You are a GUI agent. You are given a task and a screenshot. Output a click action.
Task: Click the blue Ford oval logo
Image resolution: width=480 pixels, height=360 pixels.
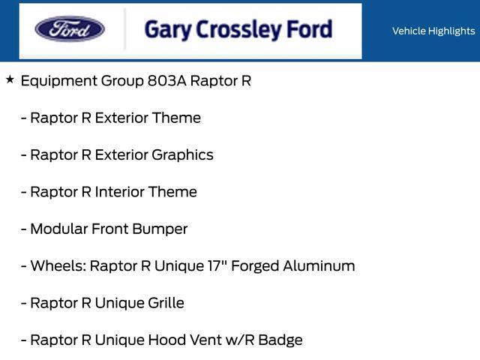(70, 30)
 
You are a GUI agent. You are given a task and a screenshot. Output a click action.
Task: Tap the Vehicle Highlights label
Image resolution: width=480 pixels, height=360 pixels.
(433, 31)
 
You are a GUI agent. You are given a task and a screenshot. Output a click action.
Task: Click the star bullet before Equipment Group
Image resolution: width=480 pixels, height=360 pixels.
(10, 79)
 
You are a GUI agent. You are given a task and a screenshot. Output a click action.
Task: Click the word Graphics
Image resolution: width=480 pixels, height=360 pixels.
(182, 155)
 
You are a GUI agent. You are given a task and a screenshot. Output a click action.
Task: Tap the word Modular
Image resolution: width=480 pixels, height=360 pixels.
(58, 229)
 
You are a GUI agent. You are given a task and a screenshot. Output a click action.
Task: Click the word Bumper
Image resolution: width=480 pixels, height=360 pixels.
(160, 229)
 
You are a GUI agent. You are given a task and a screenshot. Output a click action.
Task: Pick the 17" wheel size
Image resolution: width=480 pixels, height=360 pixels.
(221, 265)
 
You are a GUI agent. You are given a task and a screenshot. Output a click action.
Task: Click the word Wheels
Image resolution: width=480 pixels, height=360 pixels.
(57, 265)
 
